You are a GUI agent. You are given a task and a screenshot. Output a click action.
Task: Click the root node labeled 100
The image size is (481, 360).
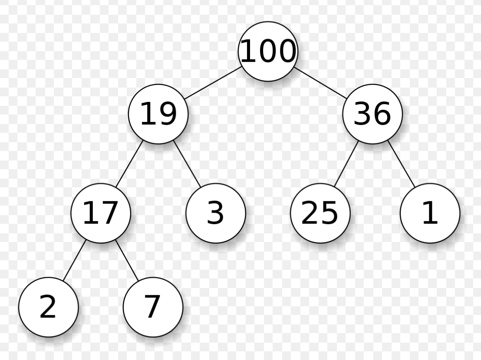tap(268, 51)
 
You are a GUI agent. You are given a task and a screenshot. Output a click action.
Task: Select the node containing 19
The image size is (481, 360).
tap(158, 114)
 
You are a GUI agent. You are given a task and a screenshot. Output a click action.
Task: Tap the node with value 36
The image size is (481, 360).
tap(372, 114)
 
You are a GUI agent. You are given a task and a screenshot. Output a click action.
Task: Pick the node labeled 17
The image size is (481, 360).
tap(101, 213)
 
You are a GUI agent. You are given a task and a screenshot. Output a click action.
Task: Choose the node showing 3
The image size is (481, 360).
tap(216, 213)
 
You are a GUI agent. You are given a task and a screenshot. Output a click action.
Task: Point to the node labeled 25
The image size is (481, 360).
tap(320, 213)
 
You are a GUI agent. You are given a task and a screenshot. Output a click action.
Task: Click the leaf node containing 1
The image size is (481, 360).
tap(430, 213)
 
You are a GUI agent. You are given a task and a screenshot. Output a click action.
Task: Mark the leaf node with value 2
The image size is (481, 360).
tap(48, 307)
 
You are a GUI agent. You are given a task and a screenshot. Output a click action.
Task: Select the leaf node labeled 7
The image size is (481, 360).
tap(153, 307)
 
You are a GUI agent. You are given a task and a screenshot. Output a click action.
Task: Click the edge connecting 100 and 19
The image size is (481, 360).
tap(213, 83)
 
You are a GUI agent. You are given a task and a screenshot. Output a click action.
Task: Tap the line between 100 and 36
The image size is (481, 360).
tap(320, 83)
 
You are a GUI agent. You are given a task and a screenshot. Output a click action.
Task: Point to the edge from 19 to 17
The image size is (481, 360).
tap(129, 164)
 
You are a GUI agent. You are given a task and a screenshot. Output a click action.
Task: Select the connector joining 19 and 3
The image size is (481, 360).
tap(187, 164)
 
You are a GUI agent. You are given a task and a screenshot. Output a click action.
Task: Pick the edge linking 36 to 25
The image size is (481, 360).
tap(346, 164)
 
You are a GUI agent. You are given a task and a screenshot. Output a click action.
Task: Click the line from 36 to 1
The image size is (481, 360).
tap(402, 164)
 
